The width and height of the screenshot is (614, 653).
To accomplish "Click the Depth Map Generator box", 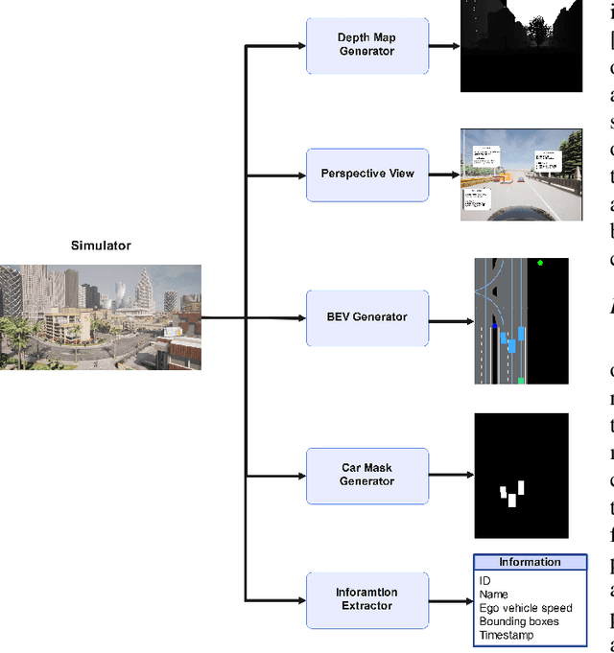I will [367, 45].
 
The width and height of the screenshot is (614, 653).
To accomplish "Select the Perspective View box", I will [367, 175].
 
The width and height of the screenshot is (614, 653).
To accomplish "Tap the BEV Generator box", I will [367, 317].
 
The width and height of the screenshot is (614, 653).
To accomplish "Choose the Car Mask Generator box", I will [367, 475].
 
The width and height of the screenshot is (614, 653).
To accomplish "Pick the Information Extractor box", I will [367, 599].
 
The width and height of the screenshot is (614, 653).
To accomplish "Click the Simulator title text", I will [101, 245].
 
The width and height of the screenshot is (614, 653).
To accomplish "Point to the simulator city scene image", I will [101, 317].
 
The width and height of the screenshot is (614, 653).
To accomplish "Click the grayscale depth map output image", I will [521, 46].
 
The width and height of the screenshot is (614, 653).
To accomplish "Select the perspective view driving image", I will [521, 175].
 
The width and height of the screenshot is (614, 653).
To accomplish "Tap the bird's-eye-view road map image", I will [521, 320].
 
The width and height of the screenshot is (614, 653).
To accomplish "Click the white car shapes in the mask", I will [512, 494].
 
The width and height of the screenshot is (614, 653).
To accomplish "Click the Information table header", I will [530, 563].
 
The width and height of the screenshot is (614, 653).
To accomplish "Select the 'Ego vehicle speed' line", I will [526, 608].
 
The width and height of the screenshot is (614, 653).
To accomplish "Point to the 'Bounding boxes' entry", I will [519, 621].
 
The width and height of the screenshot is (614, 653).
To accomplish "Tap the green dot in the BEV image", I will [541, 263].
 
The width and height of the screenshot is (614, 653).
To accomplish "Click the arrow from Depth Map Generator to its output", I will [444, 45].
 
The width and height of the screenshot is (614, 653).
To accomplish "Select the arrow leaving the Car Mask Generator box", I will [451, 475].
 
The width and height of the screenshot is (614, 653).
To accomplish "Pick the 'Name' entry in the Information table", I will [494, 595].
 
